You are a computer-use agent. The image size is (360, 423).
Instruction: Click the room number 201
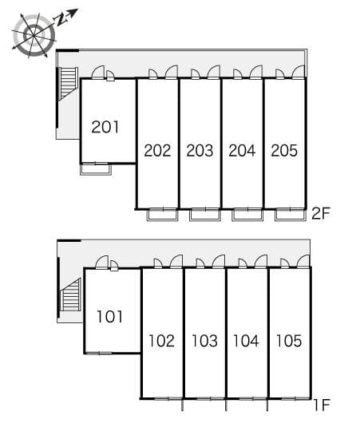click(x=105, y=127)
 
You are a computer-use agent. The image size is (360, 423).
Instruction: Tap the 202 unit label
click(x=157, y=151)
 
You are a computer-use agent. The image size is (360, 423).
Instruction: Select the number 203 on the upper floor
click(x=200, y=151)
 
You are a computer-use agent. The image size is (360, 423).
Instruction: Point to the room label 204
click(x=242, y=151)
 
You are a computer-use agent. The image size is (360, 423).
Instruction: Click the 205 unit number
click(x=284, y=151)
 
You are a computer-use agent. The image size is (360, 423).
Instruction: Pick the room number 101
click(x=109, y=316)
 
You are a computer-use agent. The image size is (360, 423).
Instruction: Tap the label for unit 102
click(x=162, y=341)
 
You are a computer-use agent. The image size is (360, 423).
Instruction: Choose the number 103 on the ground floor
click(x=204, y=341)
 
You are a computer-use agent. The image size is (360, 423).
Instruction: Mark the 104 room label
click(x=246, y=341)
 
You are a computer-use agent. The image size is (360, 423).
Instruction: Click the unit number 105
click(x=289, y=341)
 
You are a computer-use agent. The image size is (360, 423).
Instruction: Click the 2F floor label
click(x=321, y=213)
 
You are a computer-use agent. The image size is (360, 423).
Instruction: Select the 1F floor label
click(x=322, y=405)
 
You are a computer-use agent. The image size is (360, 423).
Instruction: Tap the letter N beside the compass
click(x=61, y=19)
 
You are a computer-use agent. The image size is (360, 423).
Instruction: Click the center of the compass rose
click(x=34, y=36)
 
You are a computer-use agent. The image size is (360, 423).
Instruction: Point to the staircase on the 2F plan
click(x=68, y=84)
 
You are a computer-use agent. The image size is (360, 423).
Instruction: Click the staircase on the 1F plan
click(x=71, y=295)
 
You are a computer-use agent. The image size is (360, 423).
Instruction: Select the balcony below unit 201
click(x=96, y=169)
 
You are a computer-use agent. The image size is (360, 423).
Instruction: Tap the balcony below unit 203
click(x=205, y=215)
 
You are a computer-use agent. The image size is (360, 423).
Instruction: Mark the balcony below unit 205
click(x=291, y=215)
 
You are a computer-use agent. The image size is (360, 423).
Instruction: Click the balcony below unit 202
click(x=163, y=215)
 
